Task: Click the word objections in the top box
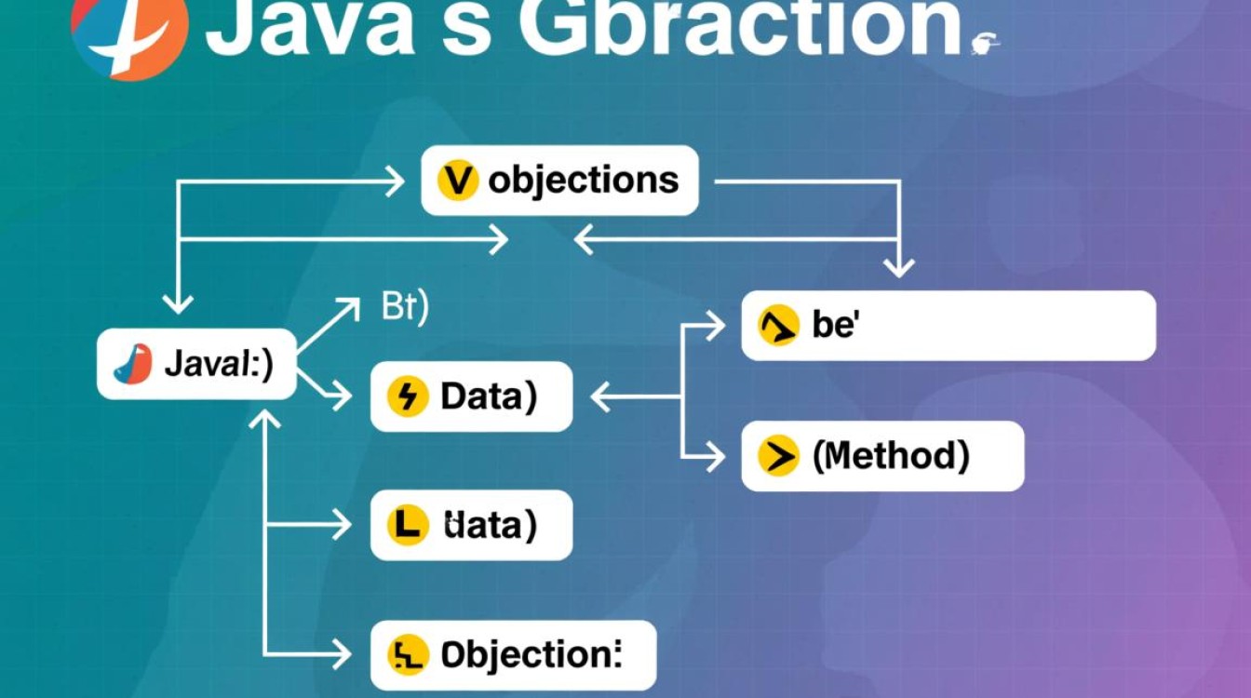pyautogui.click(x=584, y=180)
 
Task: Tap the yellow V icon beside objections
pyautogui.click(x=457, y=181)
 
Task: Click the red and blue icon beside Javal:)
pyautogui.click(x=133, y=364)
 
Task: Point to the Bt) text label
pyautogui.click(x=405, y=308)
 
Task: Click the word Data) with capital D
pyautogui.click(x=489, y=396)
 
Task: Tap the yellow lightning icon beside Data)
pyautogui.click(x=408, y=397)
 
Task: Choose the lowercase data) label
pyautogui.click(x=490, y=526)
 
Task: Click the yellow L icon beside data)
pyautogui.click(x=408, y=526)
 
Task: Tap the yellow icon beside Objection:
pyautogui.click(x=408, y=655)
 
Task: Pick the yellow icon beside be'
pyautogui.click(x=778, y=326)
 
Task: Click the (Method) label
pyautogui.click(x=891, y=455)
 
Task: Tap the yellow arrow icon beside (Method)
pyautogui.click(x=778, y=456)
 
